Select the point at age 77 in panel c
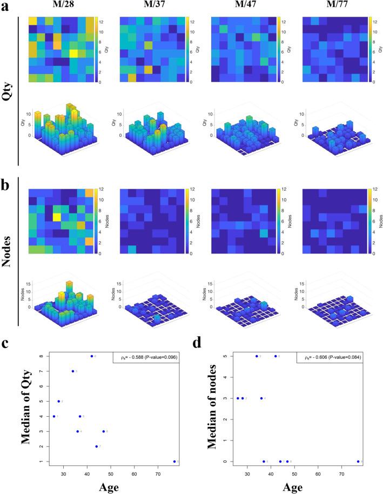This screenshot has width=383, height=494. tap(174, 462)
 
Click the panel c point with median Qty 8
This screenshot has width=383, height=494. tap(92, 356)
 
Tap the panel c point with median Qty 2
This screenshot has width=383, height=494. tap(97, 446)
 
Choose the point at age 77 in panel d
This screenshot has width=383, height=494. tap(358, 462)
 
